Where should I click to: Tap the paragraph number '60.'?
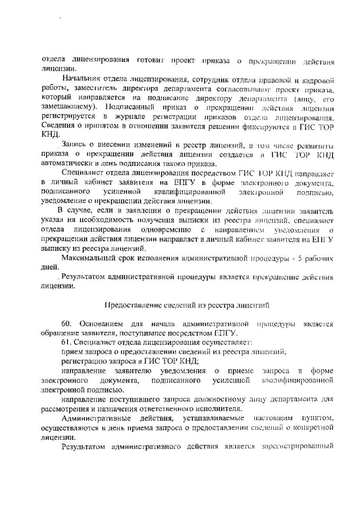click(x=67, y=325)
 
